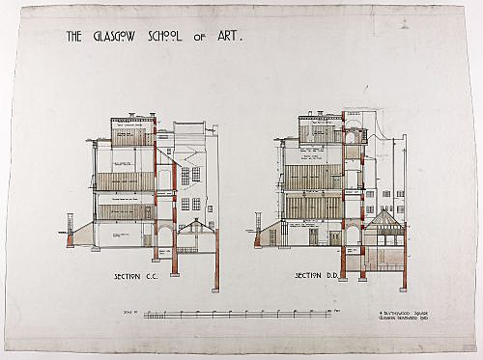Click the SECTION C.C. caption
(135, 277)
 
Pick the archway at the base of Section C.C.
(164, 233)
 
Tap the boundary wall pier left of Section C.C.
(70, 235)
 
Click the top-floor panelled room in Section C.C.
(132, 135)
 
